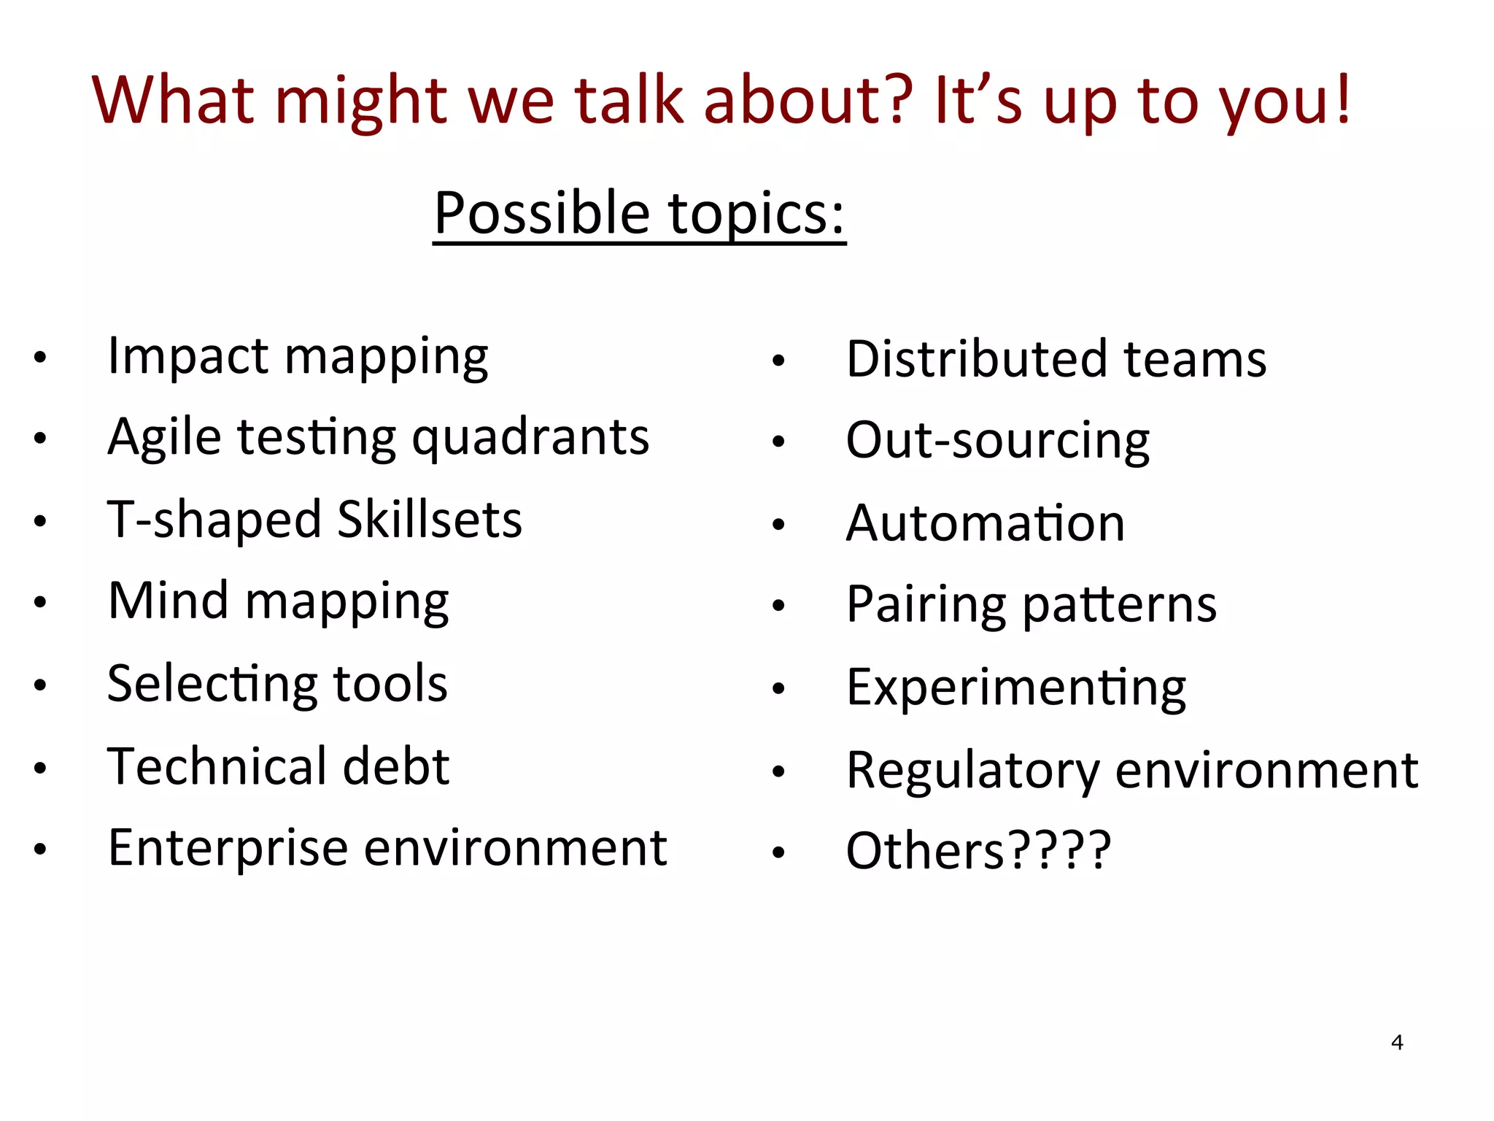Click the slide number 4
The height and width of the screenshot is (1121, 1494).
click(1396, 1042)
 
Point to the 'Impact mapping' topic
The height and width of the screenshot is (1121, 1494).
click(298, 357)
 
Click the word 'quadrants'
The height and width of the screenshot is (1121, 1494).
click(530, 438)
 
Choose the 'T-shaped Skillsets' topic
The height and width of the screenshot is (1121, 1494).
click(314, 520)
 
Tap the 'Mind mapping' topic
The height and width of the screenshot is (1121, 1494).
click(278, 602)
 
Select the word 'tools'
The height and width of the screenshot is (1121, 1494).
click(390, 684)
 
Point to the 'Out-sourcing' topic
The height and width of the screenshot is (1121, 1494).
click(997, 441)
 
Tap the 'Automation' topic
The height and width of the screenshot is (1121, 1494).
click(985, 523)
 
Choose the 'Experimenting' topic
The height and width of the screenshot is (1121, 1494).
click(1015, 687)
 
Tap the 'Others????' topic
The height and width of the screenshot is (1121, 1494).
click(978, 851)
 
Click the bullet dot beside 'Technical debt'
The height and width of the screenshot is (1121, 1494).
click(40, 768)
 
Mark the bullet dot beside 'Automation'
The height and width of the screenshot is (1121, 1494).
click(778, 524)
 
